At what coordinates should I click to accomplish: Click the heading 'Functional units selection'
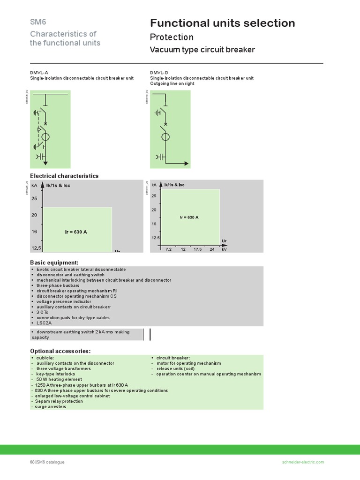[222, 23]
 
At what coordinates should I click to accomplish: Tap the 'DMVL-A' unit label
[39, 73]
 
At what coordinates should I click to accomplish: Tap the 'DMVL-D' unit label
[159, 73]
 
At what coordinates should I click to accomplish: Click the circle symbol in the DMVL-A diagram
[46, 137]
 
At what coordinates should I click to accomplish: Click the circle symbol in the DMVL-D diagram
[165, 137]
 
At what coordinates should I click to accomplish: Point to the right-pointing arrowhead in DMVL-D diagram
[187, 164]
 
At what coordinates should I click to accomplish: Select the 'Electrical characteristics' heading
[64, 176]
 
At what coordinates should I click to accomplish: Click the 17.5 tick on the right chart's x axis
[197, 249]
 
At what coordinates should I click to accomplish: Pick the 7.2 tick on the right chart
[169, 249]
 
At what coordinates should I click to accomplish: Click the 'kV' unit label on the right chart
[224, 249]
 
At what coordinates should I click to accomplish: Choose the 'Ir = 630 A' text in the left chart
[76, 232]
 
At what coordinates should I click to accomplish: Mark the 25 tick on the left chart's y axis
[34, 199]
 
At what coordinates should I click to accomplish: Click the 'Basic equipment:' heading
[54, 262]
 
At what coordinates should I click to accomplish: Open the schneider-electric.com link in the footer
[303, 462]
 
